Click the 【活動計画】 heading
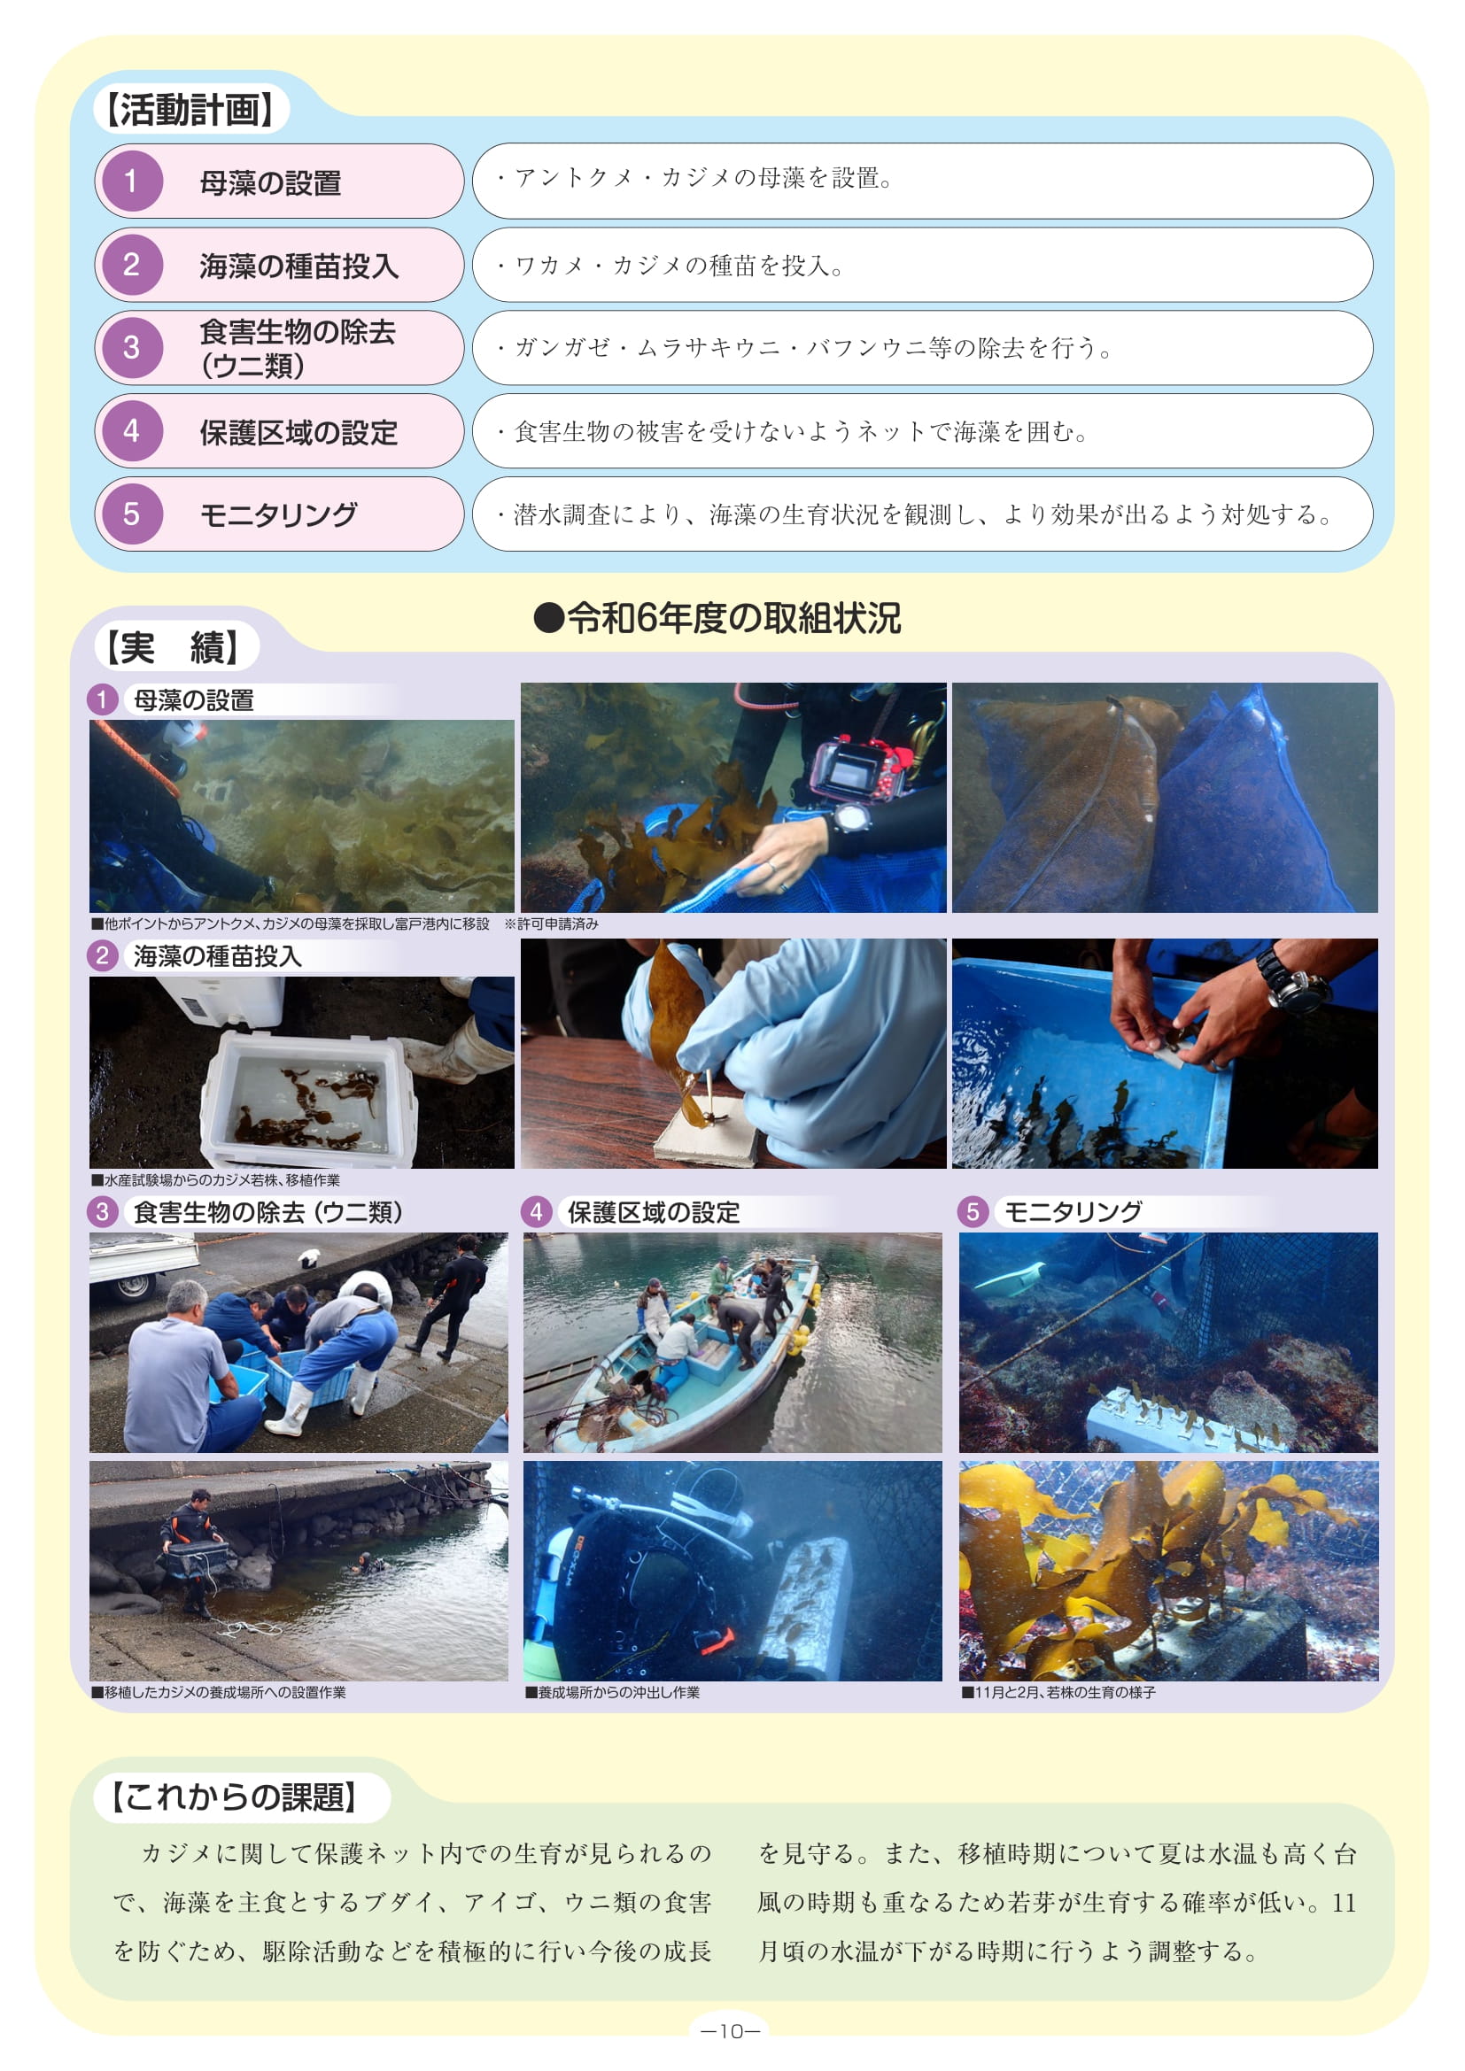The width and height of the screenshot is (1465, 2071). (190, 109)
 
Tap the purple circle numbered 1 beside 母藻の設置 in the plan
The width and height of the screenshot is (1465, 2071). (132, 182)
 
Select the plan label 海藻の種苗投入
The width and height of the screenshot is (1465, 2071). (298, 267)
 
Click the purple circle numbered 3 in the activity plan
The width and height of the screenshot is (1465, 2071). (132, 347)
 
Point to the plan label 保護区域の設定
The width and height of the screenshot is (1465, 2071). (298, 432)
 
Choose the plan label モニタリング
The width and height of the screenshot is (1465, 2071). (279, 514)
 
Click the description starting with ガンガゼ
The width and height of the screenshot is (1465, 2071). (804, 347)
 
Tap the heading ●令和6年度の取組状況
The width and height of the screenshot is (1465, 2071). (717, 618)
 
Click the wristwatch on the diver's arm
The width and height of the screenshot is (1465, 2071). (850, 818)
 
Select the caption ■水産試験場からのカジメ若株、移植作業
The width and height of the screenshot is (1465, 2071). (215, 1179)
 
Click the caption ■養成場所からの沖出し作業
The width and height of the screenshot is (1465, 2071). (613, 1692)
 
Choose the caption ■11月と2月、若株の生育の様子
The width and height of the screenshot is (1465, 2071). (1058, 1692)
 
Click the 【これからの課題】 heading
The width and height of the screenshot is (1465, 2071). (235, 1796)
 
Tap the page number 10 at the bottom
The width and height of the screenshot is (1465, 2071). (732, 2031)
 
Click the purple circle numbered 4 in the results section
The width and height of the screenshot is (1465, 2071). (536, 1211)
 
